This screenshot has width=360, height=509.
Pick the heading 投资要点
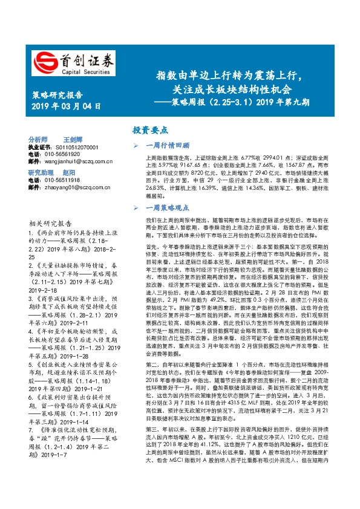[150, 130]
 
